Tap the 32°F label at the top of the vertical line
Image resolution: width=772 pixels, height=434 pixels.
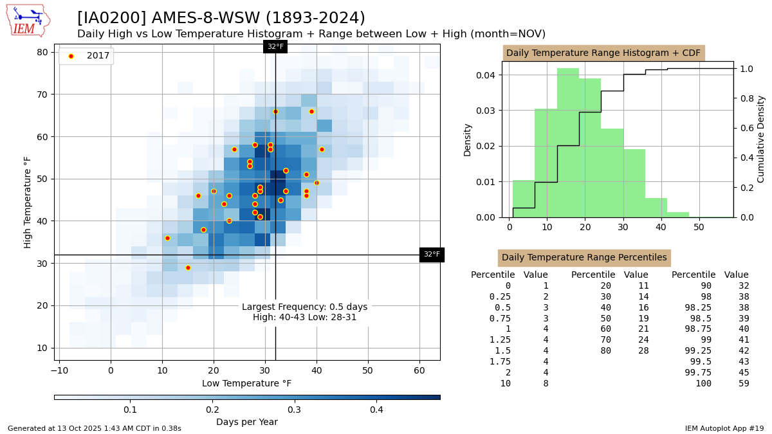[275, 46]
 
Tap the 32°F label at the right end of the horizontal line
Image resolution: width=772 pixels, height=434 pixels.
[432, 255]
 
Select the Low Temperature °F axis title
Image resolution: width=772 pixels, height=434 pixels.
[247, 384]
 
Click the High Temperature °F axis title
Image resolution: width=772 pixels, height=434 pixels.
[28, 202]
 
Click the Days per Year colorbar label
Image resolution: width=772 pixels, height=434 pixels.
[247, 422]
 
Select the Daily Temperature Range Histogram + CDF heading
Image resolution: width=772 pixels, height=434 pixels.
[603, 53]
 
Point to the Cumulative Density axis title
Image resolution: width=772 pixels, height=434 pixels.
[761, 139]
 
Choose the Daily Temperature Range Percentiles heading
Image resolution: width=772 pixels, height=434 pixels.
[584, 258]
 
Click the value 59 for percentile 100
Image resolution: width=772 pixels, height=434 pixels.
[744, 384]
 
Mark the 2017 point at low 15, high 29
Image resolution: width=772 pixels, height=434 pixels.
[188, 267]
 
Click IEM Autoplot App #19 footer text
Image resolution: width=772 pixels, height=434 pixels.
[724, 428]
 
